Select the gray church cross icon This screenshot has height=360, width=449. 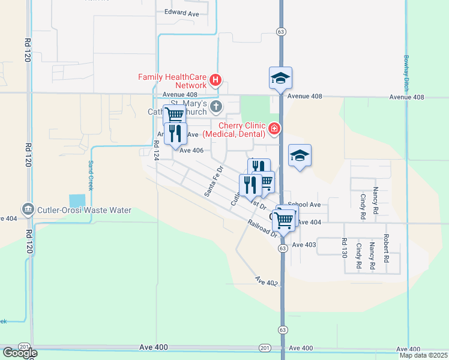[217, 107]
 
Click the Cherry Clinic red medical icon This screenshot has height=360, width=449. [274, 128]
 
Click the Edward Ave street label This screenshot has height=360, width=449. [181, 12]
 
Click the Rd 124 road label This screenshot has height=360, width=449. [156, 149]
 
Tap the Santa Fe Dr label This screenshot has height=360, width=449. [214, 182]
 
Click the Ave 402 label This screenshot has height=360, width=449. [267, 281]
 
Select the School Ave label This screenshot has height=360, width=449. [304, 205]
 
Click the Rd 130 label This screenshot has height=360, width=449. [344, 248]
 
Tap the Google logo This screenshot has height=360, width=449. [19, 353]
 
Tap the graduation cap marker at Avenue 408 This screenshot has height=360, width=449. [280, 78]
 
